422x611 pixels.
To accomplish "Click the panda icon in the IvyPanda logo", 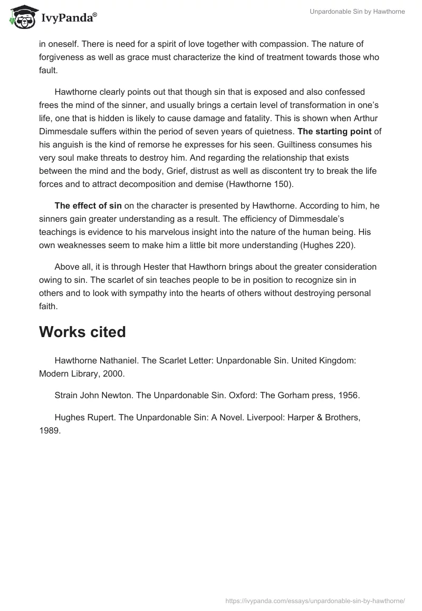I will pyautogui.click(x=20, y=17).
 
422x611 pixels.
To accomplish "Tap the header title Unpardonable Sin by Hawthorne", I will pyautogui.click(x=356, y=12).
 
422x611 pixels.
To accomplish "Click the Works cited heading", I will pyautogui.click(x=82, y=332).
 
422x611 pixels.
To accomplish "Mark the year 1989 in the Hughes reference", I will pyautogui.click(x=50, y=429).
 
